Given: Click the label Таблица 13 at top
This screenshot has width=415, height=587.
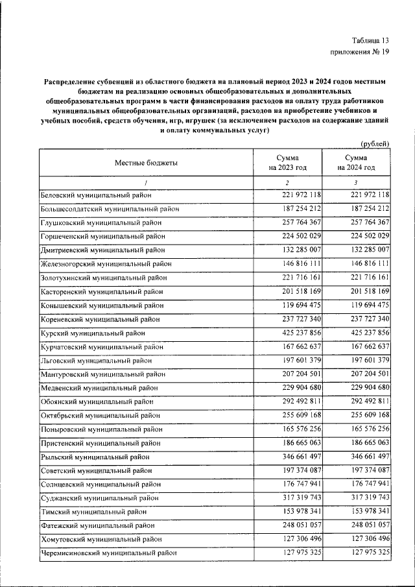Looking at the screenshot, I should tap(370, 40).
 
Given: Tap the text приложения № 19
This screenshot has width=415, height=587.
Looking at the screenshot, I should tap(360, 53).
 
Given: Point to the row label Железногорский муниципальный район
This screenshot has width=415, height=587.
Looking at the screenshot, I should tap(106, 263).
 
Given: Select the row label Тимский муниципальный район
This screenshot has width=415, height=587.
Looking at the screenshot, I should tap(93, 512).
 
